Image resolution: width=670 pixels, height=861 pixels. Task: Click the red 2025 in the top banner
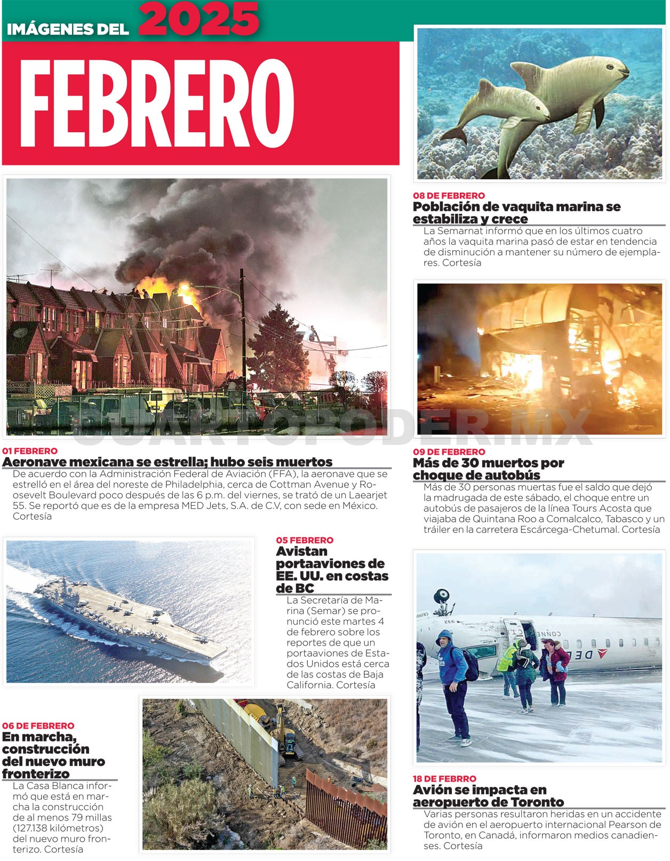tap(200, 19)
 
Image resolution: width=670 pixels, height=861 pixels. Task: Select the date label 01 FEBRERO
tap(30, 451)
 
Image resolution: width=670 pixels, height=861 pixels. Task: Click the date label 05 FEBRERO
tap(305, 540)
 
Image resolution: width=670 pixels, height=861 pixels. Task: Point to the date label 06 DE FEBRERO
tap(38, 726)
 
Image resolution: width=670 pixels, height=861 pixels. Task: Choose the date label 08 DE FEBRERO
tap(449, 195)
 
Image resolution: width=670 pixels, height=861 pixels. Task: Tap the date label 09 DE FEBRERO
tap(449, 452)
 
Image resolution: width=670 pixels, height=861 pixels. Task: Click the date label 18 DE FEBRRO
tap(444, 779)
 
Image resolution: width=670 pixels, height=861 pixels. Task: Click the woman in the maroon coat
tap(555, 672)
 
